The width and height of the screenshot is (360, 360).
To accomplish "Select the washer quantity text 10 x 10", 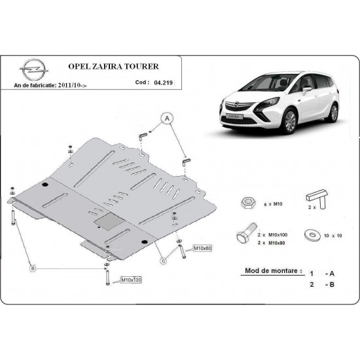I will click(333, 234).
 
